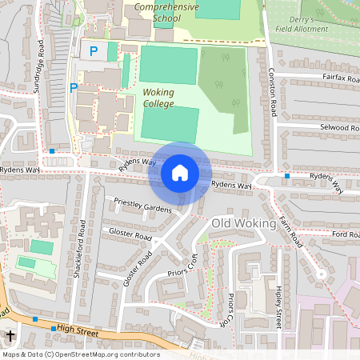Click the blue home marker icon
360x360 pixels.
pyautogui.click(x=180, y=172)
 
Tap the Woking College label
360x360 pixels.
pyautogui.click(x=158, y=98)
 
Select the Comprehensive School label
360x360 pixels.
pyautogui.click(x=168, y=11)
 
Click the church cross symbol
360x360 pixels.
pyautogui.click(x=10, y=337)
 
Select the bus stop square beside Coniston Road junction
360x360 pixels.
pyautogui.click(x=286, y=175)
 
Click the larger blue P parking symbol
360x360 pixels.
pyautogui.click(x=93, y=51)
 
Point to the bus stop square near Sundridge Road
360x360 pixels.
pyautogui.click(x=52, y=150)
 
